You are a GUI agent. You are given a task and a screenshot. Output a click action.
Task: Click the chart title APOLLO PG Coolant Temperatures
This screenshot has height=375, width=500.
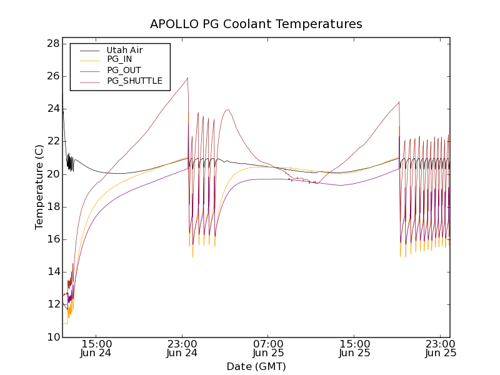(256, 24)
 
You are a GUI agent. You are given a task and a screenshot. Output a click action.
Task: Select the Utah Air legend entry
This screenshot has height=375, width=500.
(124, 49)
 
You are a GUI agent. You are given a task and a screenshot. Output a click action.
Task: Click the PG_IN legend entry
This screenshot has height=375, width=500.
(119, 59)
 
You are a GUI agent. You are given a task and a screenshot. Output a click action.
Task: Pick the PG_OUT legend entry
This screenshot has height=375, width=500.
(124, 70)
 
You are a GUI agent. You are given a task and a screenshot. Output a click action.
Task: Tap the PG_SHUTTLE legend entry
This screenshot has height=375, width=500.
(134, 81)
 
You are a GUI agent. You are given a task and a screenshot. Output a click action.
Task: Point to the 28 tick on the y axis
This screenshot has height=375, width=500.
(52, 44)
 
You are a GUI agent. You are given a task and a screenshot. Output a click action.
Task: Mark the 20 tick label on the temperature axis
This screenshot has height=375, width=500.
(52, 174)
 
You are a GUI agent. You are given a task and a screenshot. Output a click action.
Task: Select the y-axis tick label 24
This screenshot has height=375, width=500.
(52, 109)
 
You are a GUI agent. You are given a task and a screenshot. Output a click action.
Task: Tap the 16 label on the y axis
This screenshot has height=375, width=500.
(52, 239)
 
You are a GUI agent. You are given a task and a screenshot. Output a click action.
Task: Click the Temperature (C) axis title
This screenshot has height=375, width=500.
(39, 187)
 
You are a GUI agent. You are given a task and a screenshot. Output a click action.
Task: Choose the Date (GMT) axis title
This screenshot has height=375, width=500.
(256, 366)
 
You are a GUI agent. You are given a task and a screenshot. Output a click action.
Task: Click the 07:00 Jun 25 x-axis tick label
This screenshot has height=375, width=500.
(268, 348)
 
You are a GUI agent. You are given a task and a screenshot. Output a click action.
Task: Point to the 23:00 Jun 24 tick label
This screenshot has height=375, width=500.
(182, 348)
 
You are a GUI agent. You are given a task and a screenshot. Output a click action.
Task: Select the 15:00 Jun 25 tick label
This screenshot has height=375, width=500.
(354, 348)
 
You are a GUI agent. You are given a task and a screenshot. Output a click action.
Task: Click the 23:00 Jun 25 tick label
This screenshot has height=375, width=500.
(441, 348)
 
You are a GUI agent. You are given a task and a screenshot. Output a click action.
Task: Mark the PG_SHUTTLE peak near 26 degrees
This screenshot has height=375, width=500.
(187, 78)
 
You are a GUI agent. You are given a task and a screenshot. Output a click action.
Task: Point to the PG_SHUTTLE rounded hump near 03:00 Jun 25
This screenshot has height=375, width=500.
(228, 111)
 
